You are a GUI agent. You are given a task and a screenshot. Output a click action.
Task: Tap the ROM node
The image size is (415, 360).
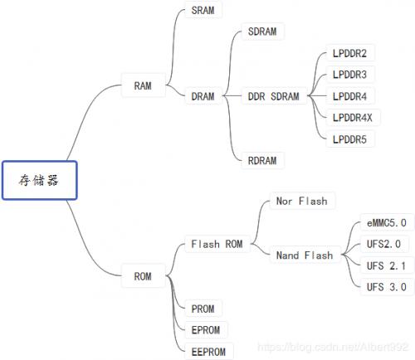pos(144,275)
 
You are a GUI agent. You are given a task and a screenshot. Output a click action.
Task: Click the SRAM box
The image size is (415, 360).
pos(203,12)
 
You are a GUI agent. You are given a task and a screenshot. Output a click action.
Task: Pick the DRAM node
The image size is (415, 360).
pos(203,96)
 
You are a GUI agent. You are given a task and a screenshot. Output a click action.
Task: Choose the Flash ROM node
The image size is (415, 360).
pos(216,245)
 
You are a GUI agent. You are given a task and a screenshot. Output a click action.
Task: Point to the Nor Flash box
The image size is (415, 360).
pos(301,202)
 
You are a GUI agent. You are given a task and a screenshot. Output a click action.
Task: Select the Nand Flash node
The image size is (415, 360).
pos(305,255)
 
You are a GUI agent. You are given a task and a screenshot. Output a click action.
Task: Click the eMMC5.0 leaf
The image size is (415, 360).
pos(387,223)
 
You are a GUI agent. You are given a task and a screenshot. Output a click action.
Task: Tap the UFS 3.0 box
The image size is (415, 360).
pos(387,287)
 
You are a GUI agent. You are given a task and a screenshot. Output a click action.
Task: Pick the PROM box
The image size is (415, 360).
pos(203,309)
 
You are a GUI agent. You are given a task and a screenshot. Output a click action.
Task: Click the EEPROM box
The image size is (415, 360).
pos(206,351)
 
